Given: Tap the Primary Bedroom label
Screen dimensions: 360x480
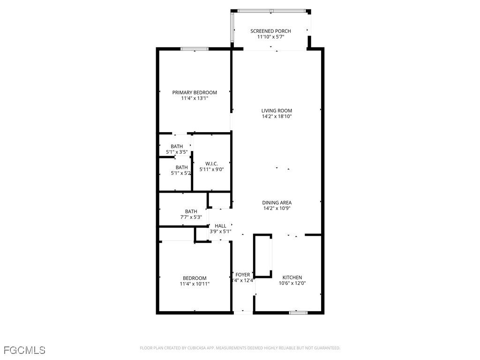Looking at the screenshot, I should click(195, 92).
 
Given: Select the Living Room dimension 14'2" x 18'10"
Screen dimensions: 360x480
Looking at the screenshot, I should click(277, 116).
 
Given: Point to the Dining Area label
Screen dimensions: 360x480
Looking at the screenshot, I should click(277, 202).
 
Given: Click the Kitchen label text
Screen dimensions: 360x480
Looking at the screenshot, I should click(292, 277).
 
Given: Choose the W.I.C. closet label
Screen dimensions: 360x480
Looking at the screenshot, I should click(211, 164).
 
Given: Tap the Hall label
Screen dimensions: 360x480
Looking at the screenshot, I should click(220, 226).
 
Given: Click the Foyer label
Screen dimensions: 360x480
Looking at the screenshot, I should click(243, 275).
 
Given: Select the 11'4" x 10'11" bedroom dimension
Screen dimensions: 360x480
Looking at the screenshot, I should click(195, 284).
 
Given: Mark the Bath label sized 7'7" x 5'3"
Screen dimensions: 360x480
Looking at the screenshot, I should click(191, 211).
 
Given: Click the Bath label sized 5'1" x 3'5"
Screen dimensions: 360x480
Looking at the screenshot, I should click(177, 146).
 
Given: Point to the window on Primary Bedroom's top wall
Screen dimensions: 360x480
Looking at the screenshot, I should click(195, 49).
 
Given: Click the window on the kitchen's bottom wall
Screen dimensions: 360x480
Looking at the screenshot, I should click(298, 312).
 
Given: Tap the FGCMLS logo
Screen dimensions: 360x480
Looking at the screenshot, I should click(24, 350).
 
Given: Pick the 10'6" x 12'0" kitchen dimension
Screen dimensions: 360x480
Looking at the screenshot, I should click(292, 283).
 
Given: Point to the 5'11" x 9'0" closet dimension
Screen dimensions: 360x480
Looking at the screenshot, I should click(211, 169).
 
